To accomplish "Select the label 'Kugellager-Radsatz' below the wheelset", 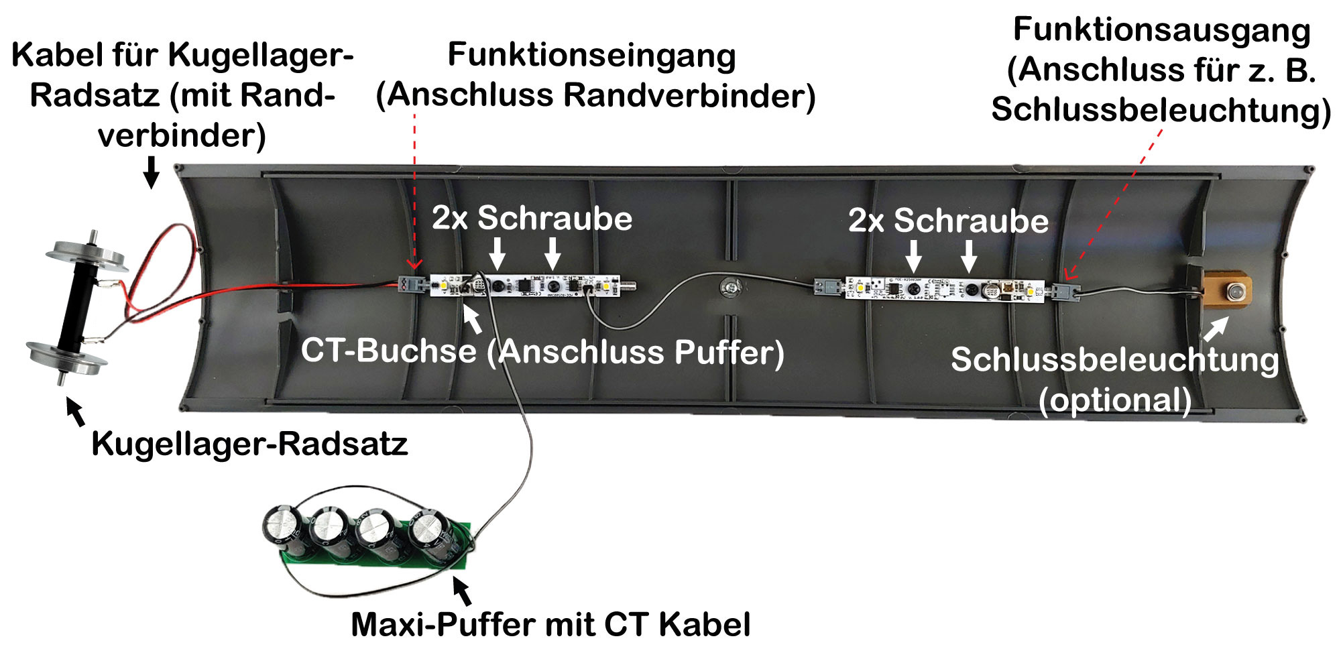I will coord(249,444).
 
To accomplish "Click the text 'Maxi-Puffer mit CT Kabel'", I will coord(550,625).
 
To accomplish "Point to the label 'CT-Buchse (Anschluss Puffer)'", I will coord(542,351).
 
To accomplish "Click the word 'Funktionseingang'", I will coord(591,55).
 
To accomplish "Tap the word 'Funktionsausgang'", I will coord(1161,30).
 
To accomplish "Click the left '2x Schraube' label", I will coord(532,219).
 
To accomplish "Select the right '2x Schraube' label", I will coord(948,221).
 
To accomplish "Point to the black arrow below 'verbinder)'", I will coord(152,172).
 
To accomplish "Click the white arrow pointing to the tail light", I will coord(1216,328).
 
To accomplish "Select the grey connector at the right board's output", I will coord(1065,292).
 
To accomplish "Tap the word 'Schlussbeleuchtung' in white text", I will coord(1115,360).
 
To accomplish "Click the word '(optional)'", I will coord(1115,400).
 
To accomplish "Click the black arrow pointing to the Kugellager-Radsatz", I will coord(76,411).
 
